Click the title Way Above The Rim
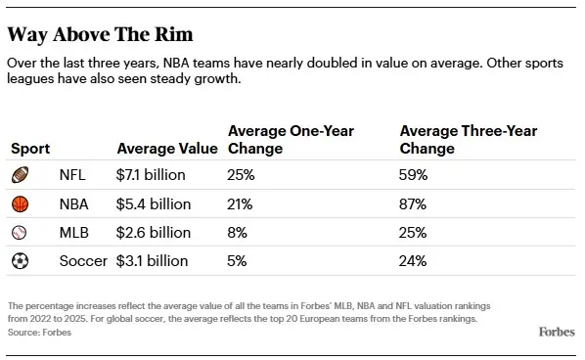(100, 35)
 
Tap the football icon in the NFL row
(20, 176)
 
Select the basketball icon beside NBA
(20, 204)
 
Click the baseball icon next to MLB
(20, 233)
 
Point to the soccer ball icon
(20, 261)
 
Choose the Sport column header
(30, 149)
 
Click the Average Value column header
(167, 149)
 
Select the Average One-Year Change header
(291, 140)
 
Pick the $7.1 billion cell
(152, 176)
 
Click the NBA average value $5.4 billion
(154, 204)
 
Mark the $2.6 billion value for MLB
(154, 233)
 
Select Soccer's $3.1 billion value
(153, 261)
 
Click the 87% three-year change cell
(414, 204)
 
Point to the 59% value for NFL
(414, 176)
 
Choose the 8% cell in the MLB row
(237, 233)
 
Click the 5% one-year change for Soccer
(237, 261)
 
